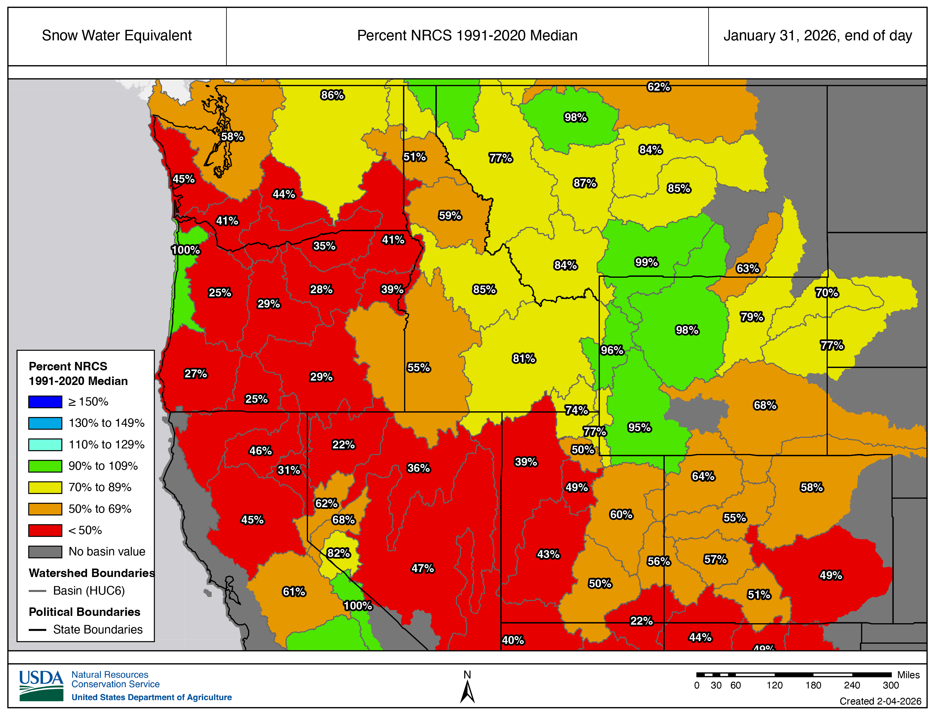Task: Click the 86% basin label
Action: click(x=332, y=95)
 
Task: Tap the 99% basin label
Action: click(x=646, y=262)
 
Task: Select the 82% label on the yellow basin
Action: click(x=338, y=553)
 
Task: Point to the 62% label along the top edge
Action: click(x=659, y=87)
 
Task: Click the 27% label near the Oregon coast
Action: click(x=195, y=374)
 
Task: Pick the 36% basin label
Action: click(x=419, y=468)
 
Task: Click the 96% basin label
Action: click(x=612, y=350)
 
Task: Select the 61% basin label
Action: click(x=294, y=592)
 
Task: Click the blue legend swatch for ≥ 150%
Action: click(x=45, y=402)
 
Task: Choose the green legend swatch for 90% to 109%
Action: click(x=45, y=466)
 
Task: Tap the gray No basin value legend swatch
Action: click(x=45, y=552)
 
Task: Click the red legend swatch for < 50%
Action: click(x=45, y=530)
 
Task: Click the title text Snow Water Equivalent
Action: click(x=117, y=36)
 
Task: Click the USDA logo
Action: click(x=41, y=686)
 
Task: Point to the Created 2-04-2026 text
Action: click(x=880, y=701)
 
